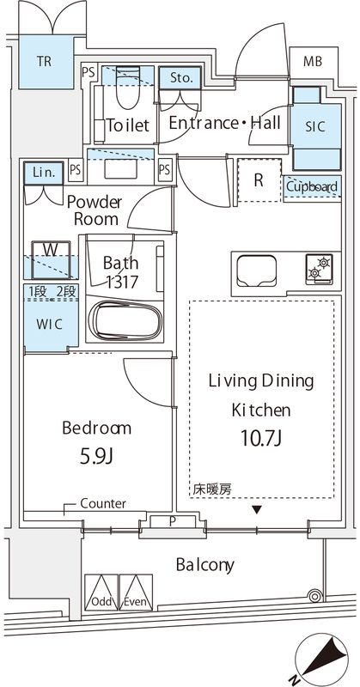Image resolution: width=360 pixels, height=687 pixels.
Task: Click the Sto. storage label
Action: (180, 78)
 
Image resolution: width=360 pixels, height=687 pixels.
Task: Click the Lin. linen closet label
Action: (44, 173)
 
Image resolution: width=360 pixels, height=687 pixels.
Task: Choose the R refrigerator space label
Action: (258, 180)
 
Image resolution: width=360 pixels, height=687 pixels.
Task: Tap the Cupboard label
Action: (311, 186)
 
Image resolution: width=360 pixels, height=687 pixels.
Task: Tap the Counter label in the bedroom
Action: (103, 503)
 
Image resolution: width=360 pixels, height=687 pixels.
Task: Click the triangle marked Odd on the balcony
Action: (101, 592)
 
